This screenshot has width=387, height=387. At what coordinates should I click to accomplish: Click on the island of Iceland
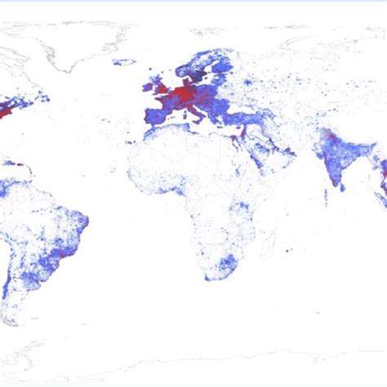coord(123,62)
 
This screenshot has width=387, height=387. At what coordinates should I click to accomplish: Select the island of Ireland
coord(147,85)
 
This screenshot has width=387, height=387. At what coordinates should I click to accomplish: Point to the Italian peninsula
coord(196,111)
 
